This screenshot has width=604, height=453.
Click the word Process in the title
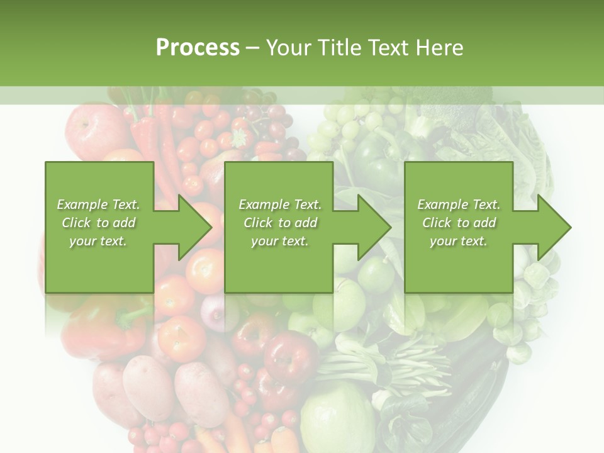coord(198,48)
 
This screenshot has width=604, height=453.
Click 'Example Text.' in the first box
coord(98,204)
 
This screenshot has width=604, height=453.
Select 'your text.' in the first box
coord(98,241)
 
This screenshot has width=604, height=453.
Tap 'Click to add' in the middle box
coord(280,223)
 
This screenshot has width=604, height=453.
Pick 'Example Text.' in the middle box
coord(280,204)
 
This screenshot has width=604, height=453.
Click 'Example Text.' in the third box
coord(459,204)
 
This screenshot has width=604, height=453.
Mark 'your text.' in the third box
coord(459,241)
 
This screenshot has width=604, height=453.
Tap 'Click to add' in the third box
coord(459,223)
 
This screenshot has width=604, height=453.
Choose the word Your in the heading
coord(289,48)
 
